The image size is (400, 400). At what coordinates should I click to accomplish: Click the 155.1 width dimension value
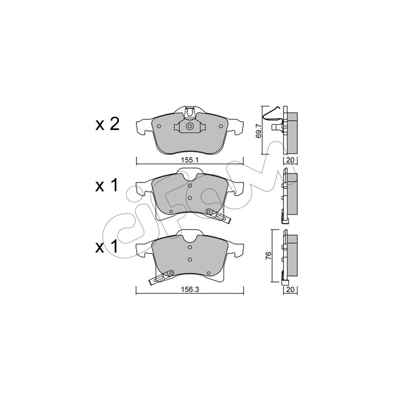coord(189,160)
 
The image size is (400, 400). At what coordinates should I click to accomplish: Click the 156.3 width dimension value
coord(190,289)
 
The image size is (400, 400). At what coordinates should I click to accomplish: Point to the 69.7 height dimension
coord(258,130)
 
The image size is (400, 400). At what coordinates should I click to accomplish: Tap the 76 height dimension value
coord(268,256)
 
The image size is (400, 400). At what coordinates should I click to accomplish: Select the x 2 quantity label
coord(107,124)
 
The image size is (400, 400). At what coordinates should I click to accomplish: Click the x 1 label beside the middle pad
coord(107,185)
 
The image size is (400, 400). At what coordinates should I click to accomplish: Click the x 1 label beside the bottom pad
coord(107,247)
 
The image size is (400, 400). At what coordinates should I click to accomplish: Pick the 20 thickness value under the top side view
coord(290,160)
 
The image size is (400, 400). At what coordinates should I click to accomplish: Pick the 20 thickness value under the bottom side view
coord(290,289)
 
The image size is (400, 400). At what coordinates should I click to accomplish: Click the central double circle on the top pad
coord(189,126)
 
